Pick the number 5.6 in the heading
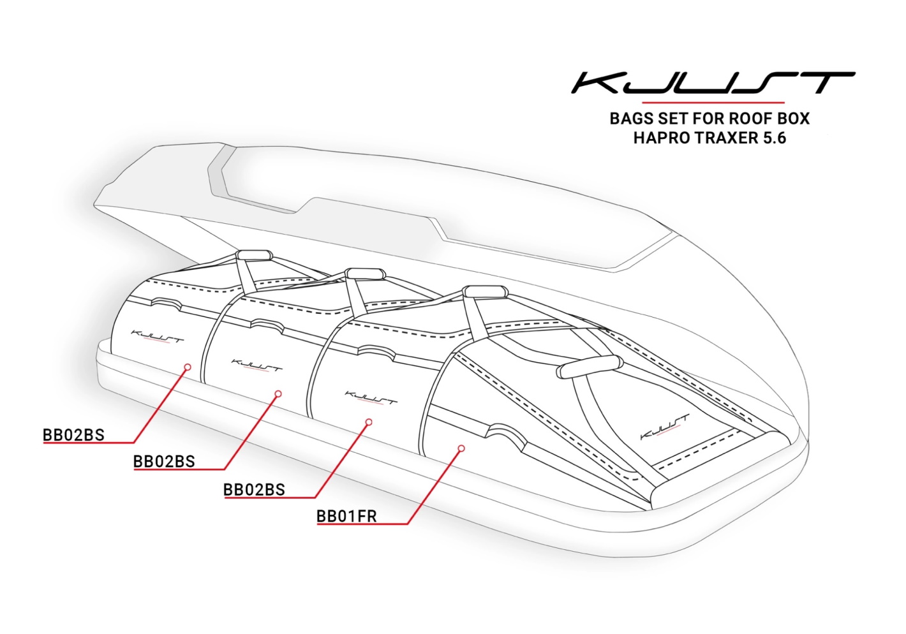(x=775, y=138)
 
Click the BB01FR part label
(x=346, y=516)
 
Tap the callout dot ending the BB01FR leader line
(x=461, y=448)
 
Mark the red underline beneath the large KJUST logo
(x=713, y=102)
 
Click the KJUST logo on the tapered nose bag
(x=664, y=427)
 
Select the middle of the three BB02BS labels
(x=164, y=461)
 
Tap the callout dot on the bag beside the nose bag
(x=368, y=422)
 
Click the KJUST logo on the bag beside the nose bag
(x=371, y=397)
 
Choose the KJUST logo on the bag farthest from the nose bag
(x=157, y=335)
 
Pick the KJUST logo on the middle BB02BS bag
(x=256, y=365)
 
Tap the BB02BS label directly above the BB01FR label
(x=254, y=490)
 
